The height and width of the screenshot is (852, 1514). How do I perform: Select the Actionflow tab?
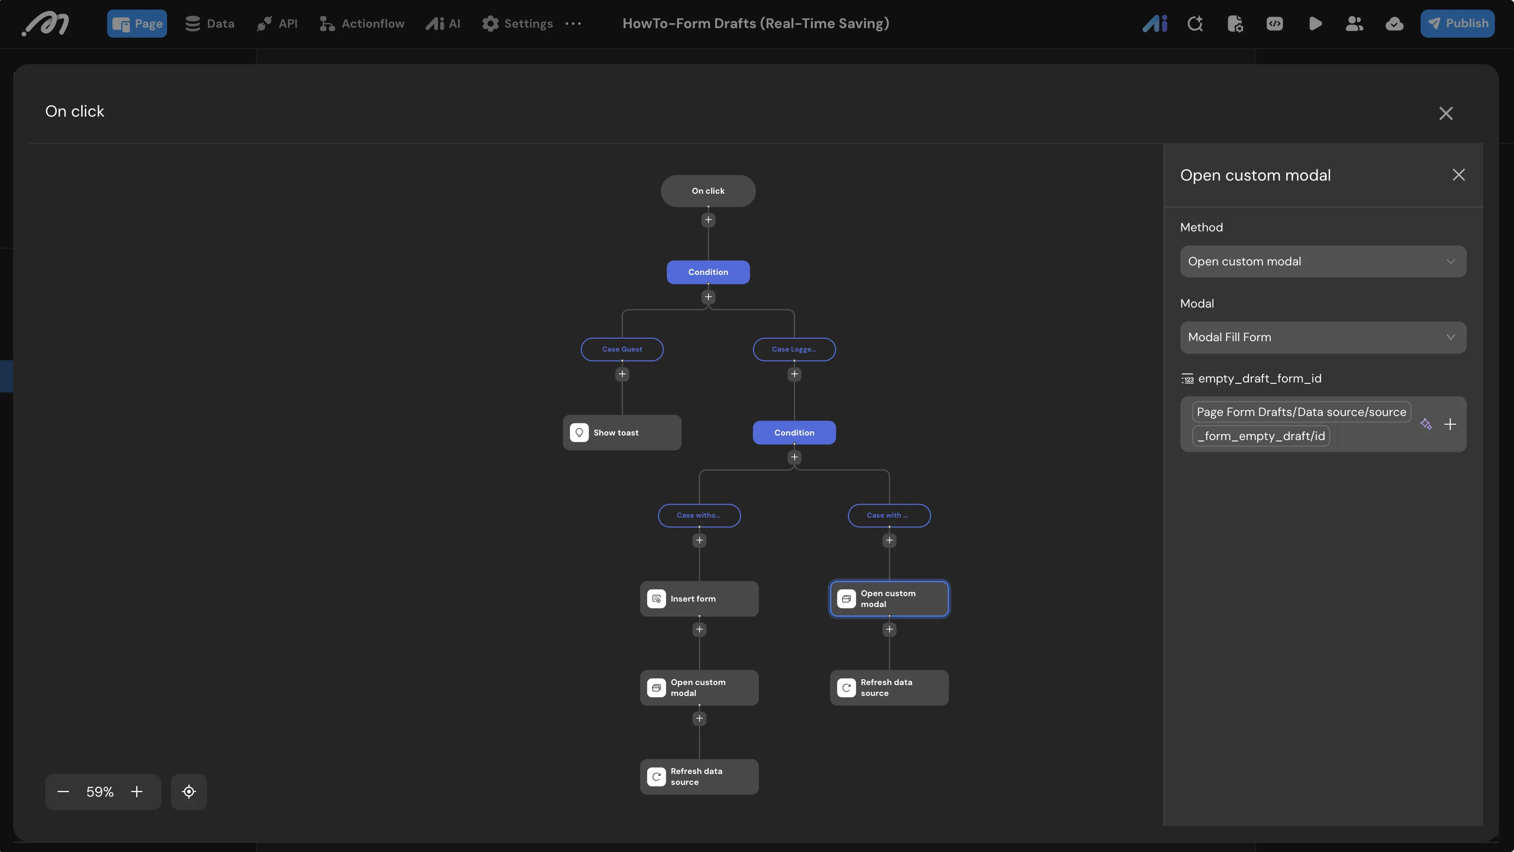click(x=362, y=24)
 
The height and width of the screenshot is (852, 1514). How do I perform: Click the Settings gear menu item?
click(x=517, y=24)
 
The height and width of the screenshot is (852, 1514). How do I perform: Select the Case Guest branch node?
click(x=622, y=349)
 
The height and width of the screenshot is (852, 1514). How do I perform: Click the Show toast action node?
click(x=622, y=432)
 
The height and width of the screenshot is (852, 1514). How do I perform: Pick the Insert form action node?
click(x=699, y=599)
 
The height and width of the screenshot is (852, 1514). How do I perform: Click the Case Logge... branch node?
click(x=794, y=349)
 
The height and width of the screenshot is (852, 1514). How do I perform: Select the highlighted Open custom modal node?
click(x=889, y=599)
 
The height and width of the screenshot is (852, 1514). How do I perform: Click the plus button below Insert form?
click(x=699, y=629)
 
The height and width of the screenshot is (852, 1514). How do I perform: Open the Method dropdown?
click(x=1322, y=261)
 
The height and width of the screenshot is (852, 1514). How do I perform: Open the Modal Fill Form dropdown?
click(x=1322, y=337)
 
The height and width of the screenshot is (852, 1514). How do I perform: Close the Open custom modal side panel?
click(x=1458, y=175)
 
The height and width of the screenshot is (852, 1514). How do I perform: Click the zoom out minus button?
click(x=63, y=792)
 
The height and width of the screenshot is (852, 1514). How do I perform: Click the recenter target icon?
click(x=189, y=792)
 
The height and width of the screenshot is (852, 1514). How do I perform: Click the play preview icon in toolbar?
click(x=1315, y=24)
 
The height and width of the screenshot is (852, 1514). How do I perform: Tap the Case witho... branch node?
click(x=699, y=515)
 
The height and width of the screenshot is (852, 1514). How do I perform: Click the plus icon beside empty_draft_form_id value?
click(x=1450, y=424)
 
